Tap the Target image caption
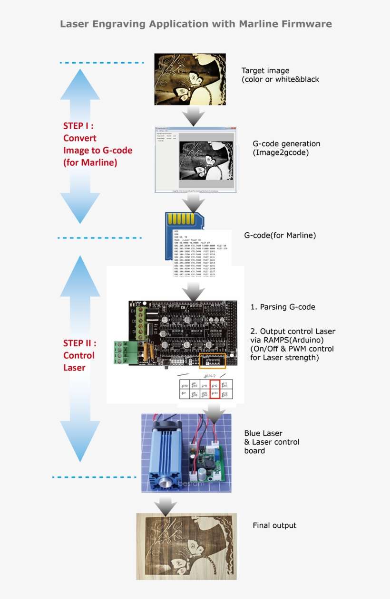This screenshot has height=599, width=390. [280, 75]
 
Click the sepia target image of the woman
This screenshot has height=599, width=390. [190, 79]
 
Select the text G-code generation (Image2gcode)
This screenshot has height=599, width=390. [286, 148]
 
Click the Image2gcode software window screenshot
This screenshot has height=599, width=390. [195, 160]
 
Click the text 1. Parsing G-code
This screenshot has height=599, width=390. [283, 307]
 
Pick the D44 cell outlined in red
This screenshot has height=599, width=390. [214, 394]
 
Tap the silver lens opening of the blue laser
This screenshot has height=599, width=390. [165, 483]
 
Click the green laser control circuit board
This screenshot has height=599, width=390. [204, 459]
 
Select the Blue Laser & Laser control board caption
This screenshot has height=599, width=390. [272, 442]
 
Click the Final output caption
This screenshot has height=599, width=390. [274, 525]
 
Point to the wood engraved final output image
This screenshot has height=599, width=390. [186, 546]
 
